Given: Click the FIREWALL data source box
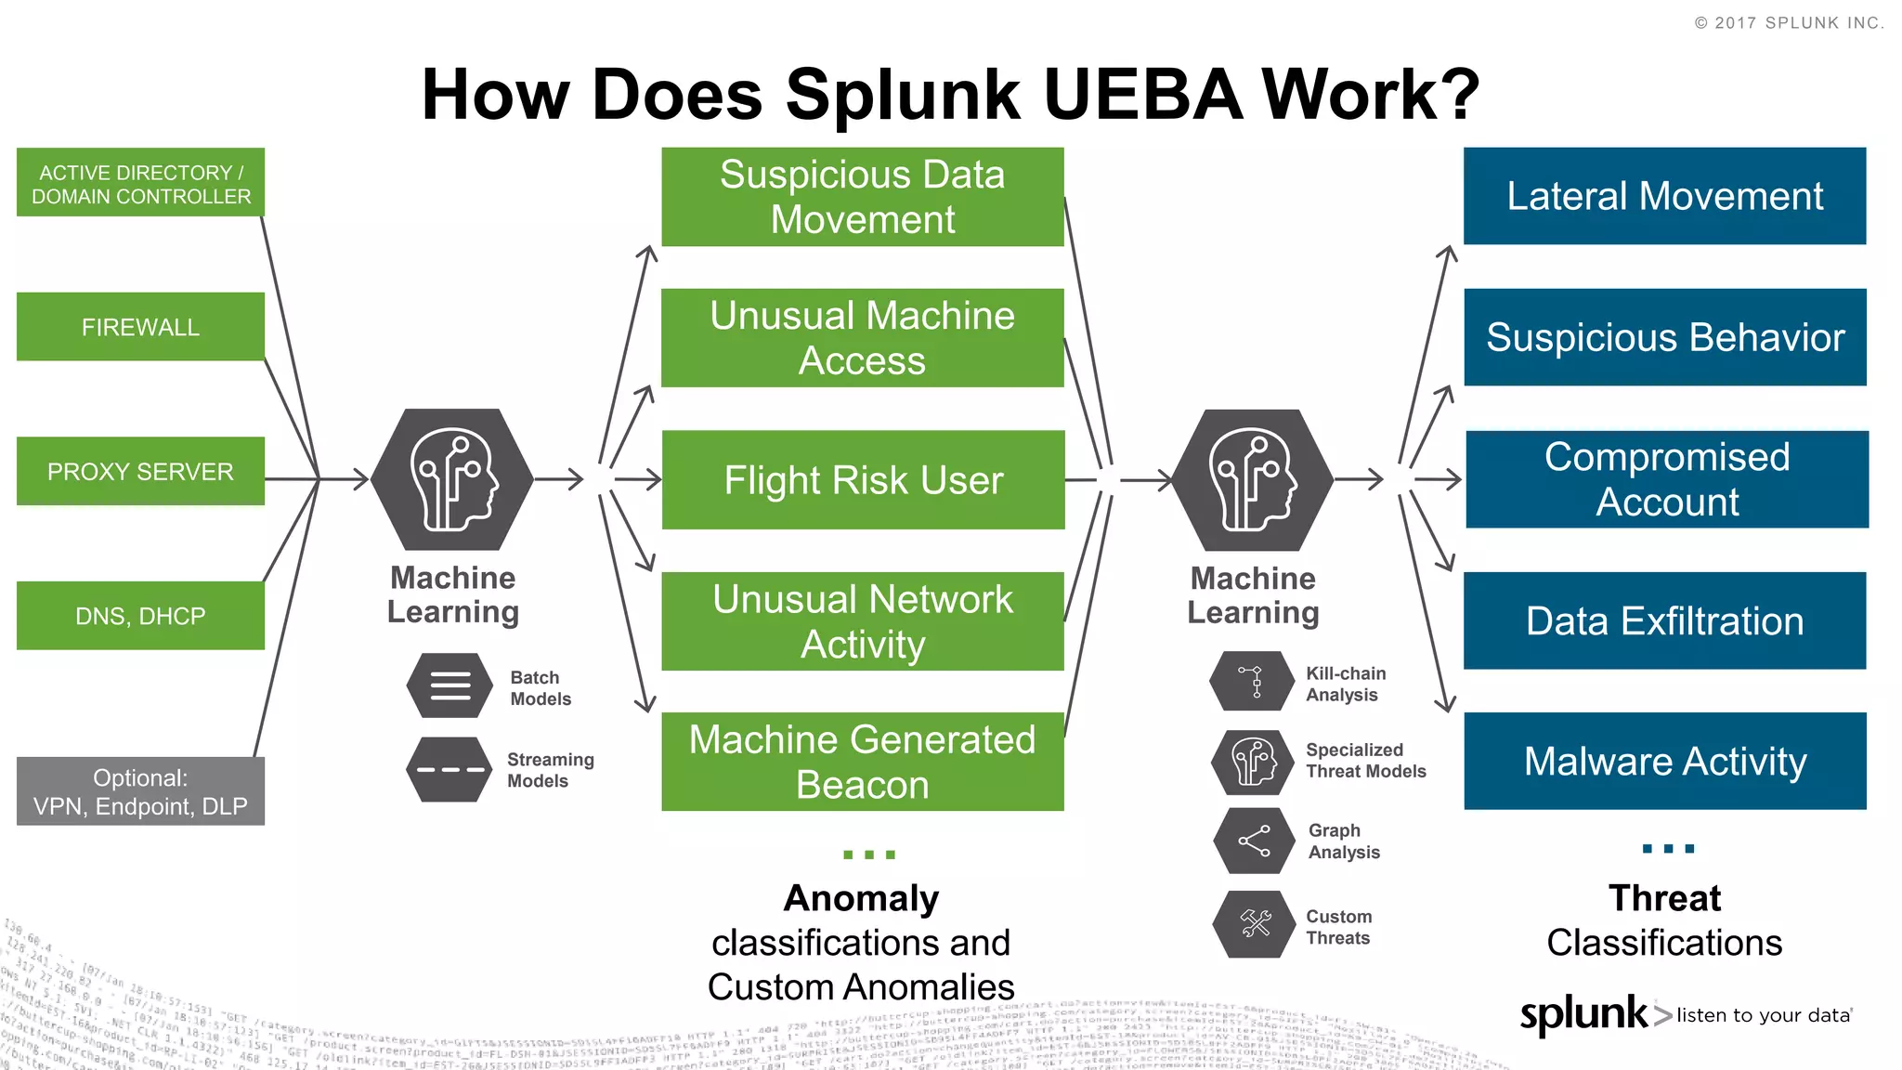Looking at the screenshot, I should pyautogui.click(x=140, y=327).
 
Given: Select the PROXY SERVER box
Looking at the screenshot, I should pyautogui.click(x=140, y=471).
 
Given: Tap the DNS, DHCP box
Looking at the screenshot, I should pyautogui.click(x=140, y=616).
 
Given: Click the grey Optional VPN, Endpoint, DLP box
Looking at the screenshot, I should pyautogui.click(x=140, y=791).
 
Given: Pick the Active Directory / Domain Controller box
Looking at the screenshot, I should pyautogui.click(x=140, y=183).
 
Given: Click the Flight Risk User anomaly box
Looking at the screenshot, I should pyautogui.click(x=863, y=480).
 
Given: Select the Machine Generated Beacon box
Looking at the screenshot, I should pyautogui.click(x=863, y=762).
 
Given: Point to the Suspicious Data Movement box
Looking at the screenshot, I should pyautogui.click(x=863, y=197).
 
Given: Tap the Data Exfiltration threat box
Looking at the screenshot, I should pyautogui.click(x=1664, y=620).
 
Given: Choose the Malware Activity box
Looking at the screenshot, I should pyautogui.click(x=1664, y=762).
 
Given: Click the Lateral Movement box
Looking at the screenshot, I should pyautogui.click(x=1664, y=196).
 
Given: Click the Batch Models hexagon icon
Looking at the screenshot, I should pyautogui.click(x=450, y=686).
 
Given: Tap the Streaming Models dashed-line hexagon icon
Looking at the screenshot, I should pyautogui.click(x=450, y=770).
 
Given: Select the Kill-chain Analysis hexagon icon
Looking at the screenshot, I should pyautogui.click(x=1253, y=682).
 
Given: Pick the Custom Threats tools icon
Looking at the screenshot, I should pyautogui.click(x=1255, y=924).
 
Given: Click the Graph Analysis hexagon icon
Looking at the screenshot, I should pyautogui.click(x=1255, y=841).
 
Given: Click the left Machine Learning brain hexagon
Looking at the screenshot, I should pyautogui.click(x=452, y=479).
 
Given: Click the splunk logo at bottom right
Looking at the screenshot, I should pyautogui.click(x=1583, y=1014).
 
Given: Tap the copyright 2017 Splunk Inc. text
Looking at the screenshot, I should pyautogui.click(x=1789, y=23).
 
